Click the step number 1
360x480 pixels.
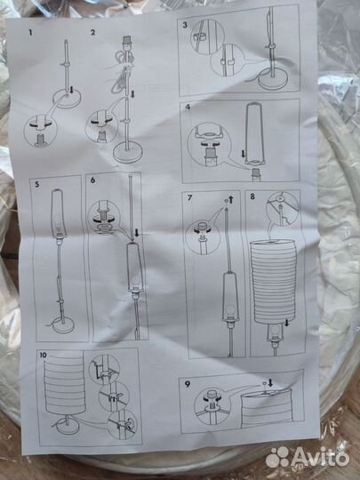point(30,32)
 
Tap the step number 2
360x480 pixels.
point(92,32)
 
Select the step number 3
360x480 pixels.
point(185,25)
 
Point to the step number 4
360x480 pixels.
point(188,107)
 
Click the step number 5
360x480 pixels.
point(37,184)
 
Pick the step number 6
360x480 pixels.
point(92,180)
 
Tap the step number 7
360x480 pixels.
point(190,197)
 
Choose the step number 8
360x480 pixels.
point(252,196)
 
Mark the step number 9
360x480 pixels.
point(188,384)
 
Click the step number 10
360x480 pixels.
point(44,355)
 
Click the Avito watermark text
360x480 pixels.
point(319,458)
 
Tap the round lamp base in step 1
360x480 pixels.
point(66,100)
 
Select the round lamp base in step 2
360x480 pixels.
point(128,154)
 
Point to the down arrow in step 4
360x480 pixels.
point(244,154)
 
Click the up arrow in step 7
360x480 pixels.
point(231,200)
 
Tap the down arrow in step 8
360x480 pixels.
point(287,323)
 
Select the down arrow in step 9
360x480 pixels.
point(270,382)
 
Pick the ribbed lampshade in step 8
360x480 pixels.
point(274,281)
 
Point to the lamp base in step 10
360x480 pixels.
point(67,427)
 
